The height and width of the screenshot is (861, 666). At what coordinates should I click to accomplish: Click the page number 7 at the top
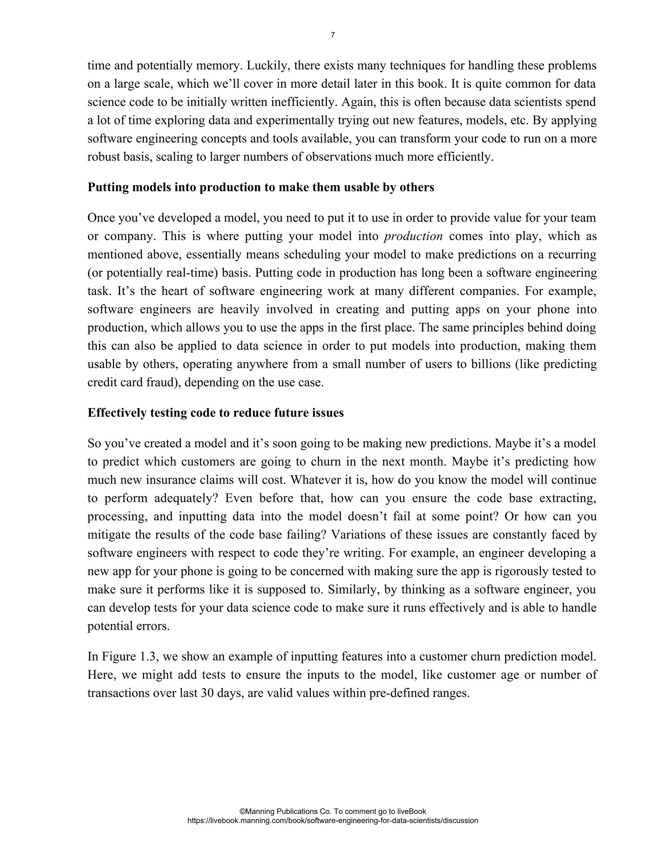333,35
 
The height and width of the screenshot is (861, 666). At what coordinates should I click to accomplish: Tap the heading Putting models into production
260,187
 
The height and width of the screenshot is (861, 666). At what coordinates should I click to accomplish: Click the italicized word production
413,236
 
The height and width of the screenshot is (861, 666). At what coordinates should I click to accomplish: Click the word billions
490,364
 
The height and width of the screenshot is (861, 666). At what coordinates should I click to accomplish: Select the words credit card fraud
130,382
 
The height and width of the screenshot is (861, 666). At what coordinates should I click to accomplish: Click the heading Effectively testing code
215,413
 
